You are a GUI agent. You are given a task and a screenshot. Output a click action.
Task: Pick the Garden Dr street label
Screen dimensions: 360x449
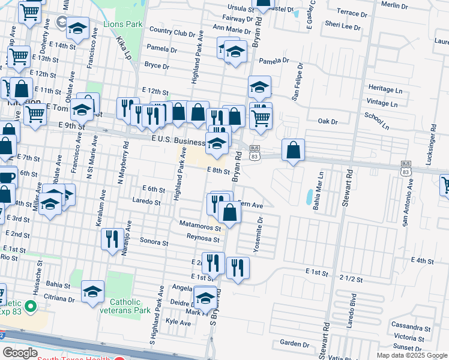[294, 343]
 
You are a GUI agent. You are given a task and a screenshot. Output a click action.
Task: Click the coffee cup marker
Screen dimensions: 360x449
[6, 177]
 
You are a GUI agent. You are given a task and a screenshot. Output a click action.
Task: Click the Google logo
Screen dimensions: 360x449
[20, 353]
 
